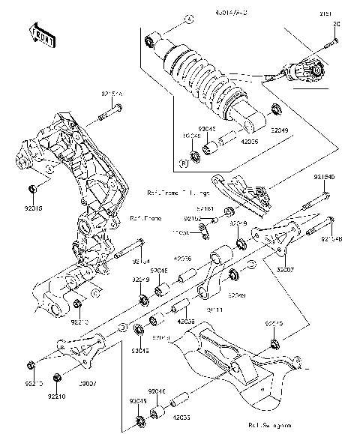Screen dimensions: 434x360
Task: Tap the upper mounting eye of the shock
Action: [x=152, y=39]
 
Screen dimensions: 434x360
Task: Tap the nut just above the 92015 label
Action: [x=33, y=187]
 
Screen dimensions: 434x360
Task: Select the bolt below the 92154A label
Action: [x=111, y=115]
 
